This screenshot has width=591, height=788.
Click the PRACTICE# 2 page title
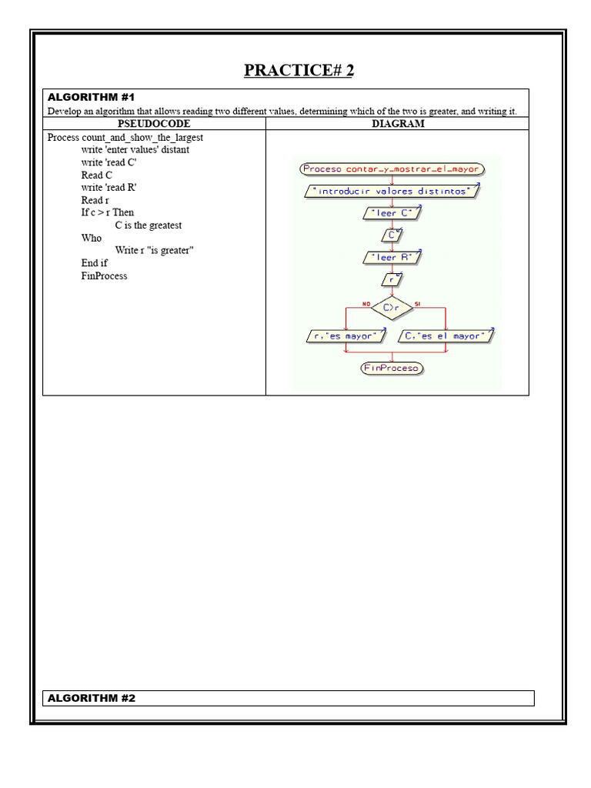coord(299,71)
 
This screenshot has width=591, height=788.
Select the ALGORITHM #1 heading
coord(91,97)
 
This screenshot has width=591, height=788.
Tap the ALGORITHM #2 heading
coord(91,698)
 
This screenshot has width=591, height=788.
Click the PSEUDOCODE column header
coord(154,123)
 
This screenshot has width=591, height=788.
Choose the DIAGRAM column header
coord(398,123)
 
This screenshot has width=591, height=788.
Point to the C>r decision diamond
coord(392,308)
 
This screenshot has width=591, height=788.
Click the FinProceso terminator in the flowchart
coord(392,368)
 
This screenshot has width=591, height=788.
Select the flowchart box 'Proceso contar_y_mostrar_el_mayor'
coord(391,169)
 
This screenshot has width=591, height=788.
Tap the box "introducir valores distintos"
coord(392,191)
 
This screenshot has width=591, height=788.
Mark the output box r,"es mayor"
coord(345,336)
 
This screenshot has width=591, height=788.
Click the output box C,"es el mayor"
coord(445,336)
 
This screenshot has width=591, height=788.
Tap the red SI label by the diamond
coord(418,303)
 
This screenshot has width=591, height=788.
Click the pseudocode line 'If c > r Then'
coord(107,212)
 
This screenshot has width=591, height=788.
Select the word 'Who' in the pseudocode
coord(91,238)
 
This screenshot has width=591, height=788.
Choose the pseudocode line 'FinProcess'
coord(104,275)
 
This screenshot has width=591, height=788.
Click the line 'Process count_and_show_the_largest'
coord(125,137)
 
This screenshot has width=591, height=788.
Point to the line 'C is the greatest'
coord(149,225)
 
